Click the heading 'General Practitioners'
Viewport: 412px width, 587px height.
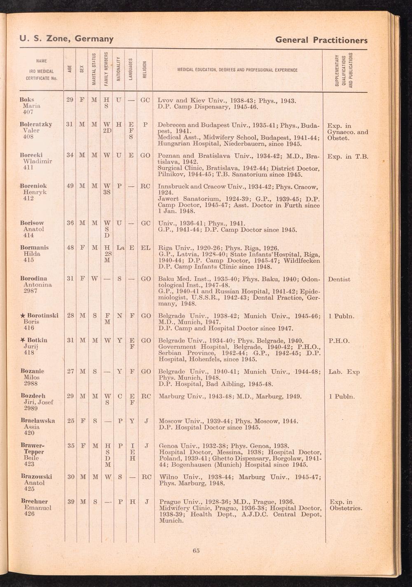click(321, 40)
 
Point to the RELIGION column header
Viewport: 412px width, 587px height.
click(145, 70)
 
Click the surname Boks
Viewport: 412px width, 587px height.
click(27, 100)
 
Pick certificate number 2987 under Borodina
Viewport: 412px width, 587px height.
click(31, 291)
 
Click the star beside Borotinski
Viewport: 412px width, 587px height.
click(23, 316)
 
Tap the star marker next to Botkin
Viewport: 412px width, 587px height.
click(23, 340)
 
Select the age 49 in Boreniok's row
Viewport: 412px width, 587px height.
click(70, 186)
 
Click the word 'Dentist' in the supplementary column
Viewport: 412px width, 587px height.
click(339, 279)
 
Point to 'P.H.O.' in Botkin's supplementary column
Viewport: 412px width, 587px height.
click(339, 341)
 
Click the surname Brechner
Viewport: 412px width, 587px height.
click(35, 502)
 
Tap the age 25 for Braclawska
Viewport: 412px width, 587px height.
click(70, 421)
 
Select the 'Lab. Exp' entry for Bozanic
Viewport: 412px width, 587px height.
click(344, 372)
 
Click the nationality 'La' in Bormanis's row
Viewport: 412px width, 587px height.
click(120, 248)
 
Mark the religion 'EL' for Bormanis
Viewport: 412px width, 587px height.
click(145, 248)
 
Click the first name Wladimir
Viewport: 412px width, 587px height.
click(37, 161)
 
